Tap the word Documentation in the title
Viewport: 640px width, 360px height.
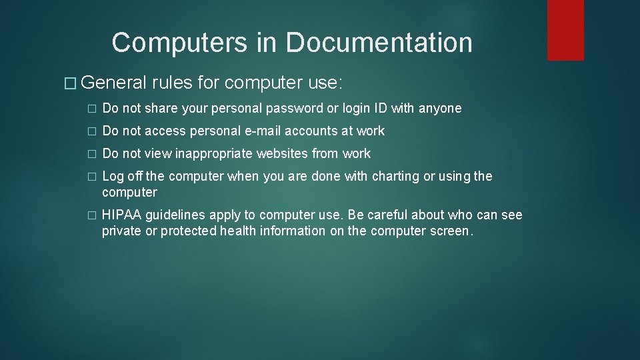click(379, 43)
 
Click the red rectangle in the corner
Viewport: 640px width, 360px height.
click(565, 30)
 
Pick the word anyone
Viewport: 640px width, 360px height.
click(440, 108)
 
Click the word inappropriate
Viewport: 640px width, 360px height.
click(207, 153)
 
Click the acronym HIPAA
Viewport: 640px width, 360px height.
click(123, 215)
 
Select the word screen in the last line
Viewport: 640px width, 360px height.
click(447, 231)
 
